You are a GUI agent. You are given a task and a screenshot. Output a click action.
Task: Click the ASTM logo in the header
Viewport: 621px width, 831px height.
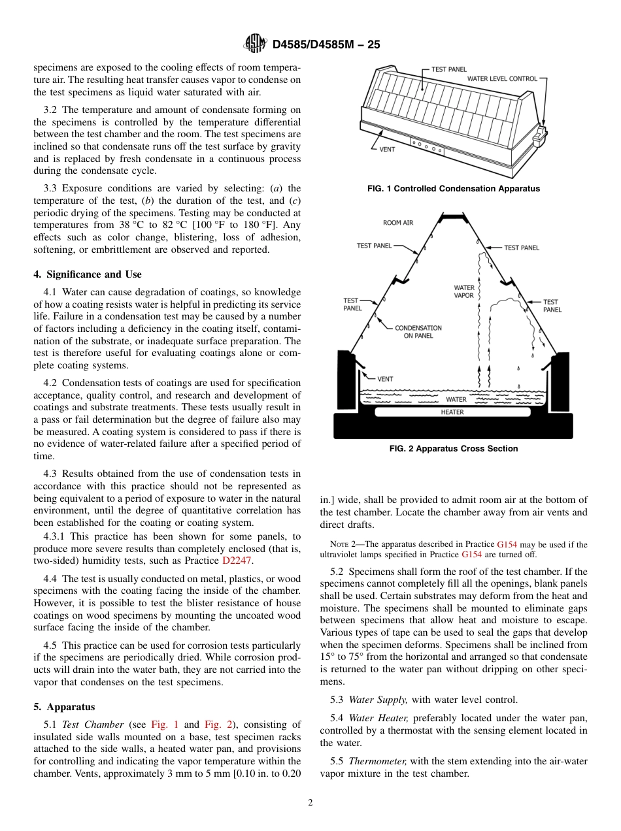click(254, 44)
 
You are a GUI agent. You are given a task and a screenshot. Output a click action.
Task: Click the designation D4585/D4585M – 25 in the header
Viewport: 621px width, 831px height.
click(326, 44)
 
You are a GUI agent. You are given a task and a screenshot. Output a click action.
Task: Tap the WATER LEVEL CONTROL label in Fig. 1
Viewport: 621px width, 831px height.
click(501, 78)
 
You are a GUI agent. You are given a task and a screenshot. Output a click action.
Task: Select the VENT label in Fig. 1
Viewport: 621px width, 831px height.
click(387, 149)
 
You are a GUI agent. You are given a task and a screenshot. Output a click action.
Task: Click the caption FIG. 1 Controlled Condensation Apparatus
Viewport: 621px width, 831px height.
click(454, 189)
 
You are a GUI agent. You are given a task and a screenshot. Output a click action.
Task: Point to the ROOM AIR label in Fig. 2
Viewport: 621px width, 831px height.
click(398, 223)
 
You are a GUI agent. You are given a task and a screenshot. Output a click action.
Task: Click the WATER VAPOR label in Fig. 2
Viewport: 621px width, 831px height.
click(464, 291)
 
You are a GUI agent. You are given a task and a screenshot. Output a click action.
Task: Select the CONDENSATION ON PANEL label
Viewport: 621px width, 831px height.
click(418, 332)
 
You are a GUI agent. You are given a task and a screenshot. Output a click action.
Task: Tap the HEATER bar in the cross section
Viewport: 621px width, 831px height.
click(452, 412)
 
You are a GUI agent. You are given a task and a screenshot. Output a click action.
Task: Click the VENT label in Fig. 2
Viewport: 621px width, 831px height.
click(385, 379)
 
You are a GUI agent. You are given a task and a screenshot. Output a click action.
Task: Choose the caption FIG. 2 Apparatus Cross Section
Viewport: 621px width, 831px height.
click(454, 449)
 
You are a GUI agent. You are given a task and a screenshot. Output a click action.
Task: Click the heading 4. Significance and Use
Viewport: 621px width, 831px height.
click(87, 274)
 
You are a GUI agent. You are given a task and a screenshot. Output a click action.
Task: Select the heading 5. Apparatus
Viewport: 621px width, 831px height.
click(64, 707)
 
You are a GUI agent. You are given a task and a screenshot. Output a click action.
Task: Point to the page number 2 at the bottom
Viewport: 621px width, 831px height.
click(310, 803)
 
